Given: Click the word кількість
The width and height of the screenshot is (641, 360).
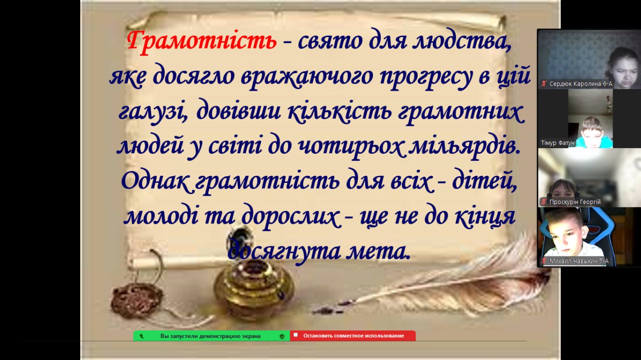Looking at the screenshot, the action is tap(340, 112).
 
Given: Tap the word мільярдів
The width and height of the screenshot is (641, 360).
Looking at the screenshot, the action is tap(463, 146).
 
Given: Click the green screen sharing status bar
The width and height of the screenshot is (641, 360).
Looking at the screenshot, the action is tap(211, 336).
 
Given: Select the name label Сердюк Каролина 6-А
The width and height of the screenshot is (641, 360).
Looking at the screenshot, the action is tap(580, 84).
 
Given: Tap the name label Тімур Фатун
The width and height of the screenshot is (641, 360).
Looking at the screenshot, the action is tap(557, 143).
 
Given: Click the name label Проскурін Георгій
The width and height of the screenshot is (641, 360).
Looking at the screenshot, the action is tap(575, 202).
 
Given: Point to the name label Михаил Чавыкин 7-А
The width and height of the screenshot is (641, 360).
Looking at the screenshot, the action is tap(579, 261).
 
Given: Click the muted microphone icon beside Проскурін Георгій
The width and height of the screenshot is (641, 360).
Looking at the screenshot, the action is tap(544, 202).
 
